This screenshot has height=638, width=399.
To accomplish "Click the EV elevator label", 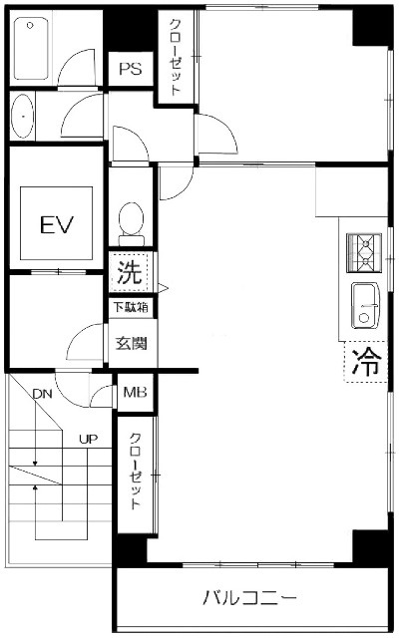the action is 57,224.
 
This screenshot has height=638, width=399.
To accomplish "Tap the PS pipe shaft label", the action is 131,69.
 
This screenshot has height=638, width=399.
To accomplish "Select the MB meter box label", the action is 135,392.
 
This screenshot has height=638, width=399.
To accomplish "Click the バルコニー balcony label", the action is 249,598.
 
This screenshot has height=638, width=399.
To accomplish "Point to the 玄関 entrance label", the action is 131,343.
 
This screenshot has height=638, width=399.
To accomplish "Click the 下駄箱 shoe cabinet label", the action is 131,307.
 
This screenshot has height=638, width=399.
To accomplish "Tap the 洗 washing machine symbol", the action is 129,271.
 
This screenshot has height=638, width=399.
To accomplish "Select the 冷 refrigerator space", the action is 366,362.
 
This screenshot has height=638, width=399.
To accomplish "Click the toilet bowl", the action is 131,223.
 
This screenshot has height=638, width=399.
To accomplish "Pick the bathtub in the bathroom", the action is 31,49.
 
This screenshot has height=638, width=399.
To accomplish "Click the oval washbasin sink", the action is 22,116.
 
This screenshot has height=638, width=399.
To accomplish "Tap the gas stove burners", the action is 364,252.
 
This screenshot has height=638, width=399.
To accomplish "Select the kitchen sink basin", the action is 365,305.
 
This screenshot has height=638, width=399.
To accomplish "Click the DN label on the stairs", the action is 43,394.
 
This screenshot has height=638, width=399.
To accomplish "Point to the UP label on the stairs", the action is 89,439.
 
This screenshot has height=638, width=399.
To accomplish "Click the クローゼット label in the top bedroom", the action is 176,57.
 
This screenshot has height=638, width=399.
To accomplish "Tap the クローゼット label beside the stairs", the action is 136,472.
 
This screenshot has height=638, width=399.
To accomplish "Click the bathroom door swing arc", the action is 77,68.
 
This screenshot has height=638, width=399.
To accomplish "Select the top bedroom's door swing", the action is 215,134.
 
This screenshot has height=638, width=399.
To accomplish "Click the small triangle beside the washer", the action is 163,288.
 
